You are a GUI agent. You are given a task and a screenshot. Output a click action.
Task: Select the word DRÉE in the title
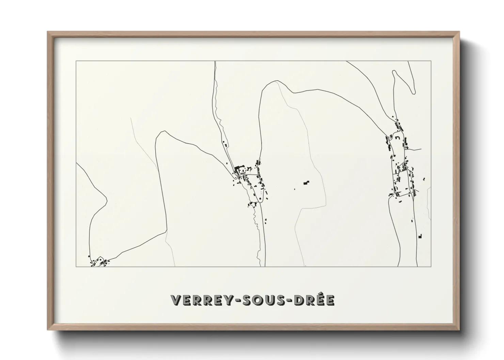tap(315, 300)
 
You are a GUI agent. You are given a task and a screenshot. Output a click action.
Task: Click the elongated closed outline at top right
tap(403, 82)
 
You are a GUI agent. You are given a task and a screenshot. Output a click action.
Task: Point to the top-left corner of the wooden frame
tap(48, 32)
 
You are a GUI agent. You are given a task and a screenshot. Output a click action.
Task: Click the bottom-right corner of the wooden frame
tap(459, 330)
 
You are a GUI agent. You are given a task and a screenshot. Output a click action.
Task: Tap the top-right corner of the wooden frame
tap(459, 32)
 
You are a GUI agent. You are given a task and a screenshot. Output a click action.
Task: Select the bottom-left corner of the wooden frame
tap(48, 330)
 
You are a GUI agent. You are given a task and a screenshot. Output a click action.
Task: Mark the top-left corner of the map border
tap(76, 61)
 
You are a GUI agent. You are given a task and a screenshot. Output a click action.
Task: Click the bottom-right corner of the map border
tap(431, 266)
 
